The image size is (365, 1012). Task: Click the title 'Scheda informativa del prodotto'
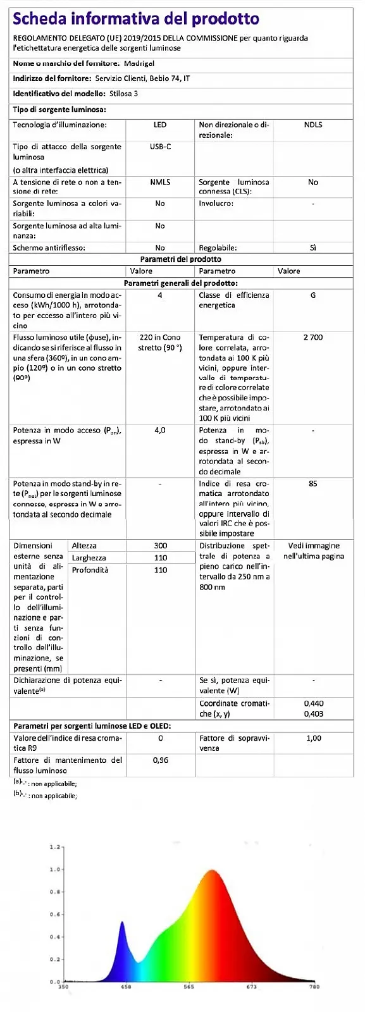coord(136,19)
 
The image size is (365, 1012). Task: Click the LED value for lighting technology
coord(160,125)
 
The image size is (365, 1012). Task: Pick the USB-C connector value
coord(160,147)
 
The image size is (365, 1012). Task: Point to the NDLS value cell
coord(313,125)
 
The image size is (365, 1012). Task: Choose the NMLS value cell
coord(160,182)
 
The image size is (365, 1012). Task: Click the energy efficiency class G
coord(313,295)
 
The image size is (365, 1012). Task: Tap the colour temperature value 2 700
coord(313,338)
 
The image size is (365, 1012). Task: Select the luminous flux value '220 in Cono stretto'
coord(160,342)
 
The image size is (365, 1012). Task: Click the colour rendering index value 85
coord(313,484)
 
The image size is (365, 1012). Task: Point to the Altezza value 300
coord(161,546)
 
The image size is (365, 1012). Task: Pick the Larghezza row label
coord(89,558)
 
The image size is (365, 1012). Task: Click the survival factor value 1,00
coord(313,738)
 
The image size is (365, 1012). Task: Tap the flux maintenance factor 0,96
coord(161,760)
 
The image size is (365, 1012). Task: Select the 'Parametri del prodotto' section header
coord(180,259)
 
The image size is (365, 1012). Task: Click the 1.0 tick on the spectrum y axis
coord(56,869)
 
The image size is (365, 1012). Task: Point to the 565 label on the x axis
coord(189,987)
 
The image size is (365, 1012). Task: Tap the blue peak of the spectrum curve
coord(123,923)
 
